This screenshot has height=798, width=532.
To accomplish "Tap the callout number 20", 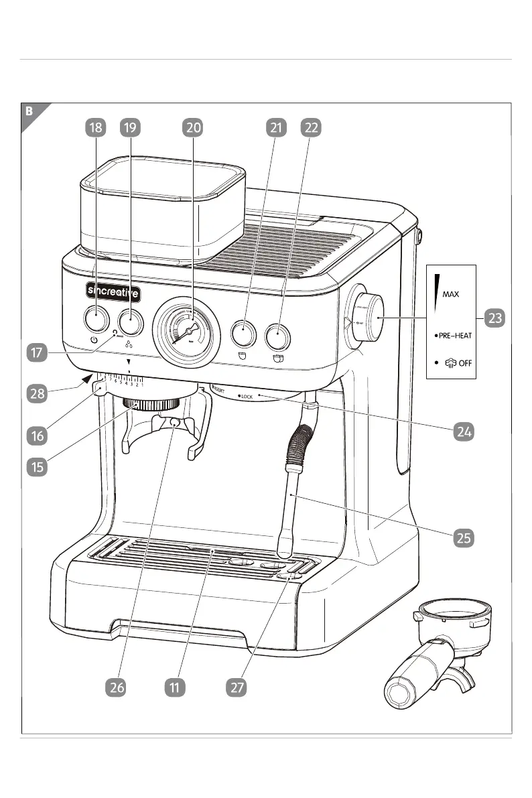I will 193,128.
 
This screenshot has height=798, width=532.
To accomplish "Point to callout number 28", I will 38,393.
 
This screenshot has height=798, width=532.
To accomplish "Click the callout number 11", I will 175,687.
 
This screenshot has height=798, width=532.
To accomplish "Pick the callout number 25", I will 462,537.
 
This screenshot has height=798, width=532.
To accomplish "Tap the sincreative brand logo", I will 113,291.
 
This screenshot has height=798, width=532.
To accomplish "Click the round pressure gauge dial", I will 186,332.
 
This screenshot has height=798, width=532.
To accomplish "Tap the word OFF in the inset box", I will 466,364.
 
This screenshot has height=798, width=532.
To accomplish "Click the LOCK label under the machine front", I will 247,397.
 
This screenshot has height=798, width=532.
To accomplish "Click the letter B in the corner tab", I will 29,111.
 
